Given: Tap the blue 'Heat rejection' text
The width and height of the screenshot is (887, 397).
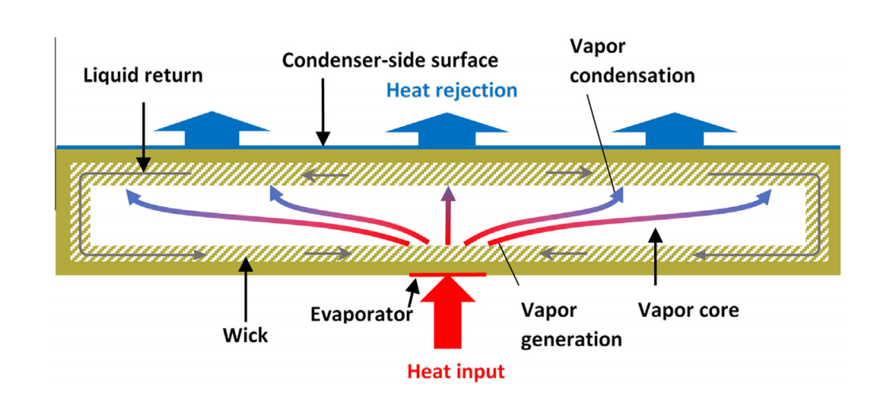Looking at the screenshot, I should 451,90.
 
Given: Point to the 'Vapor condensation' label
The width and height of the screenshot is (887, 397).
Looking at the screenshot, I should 632,61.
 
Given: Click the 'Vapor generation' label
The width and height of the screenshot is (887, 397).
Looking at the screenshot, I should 569,324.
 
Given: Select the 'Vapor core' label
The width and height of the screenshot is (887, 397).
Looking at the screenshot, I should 687,310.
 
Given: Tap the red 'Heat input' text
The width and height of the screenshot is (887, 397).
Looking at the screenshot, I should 455,369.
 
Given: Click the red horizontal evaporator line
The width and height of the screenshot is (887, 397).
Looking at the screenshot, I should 447,275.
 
